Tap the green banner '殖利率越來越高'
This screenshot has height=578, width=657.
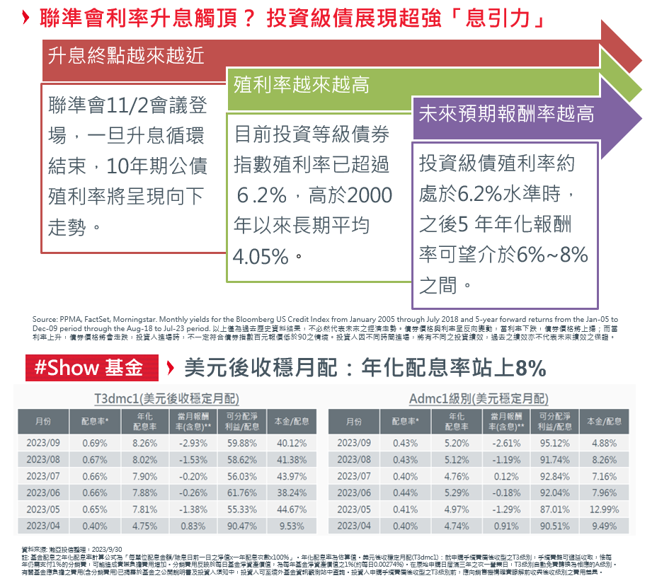pyautogui.click(x=301, y=86)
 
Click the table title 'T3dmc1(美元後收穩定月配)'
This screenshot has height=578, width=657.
pyautogui.click(x=166, y=398)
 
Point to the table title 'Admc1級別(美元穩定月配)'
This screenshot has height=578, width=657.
pyautogui.click(x=479, y=398)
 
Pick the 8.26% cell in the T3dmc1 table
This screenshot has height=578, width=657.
pyautogui.click(x=145, y=444)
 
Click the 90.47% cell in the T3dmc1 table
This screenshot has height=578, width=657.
pyautogui.click(x=242, y=526)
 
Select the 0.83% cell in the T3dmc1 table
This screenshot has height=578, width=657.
pyautogui.click(x=193, y=526)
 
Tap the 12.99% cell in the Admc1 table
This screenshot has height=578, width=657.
pyautogui.click(x=604, y=510)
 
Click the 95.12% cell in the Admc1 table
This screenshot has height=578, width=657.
pyautogui.click(x=554, y=444)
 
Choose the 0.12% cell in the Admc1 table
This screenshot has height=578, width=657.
pyautogui.click(x=505, y=477)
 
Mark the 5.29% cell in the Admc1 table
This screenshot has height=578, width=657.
pyautogui.click(x=457, y=493)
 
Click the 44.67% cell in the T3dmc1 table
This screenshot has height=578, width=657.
pyautogui.click(x=291, y=510)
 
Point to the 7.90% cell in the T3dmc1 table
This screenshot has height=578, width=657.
pyautogui.click(x=145, y=477)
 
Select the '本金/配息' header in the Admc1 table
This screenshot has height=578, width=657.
pyautogui.click(x=604, y=422)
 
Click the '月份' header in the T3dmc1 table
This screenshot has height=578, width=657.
pyautogui.click(x=43, y=422)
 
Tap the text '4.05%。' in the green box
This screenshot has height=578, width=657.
pyautogui.click(x=268, y=256)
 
